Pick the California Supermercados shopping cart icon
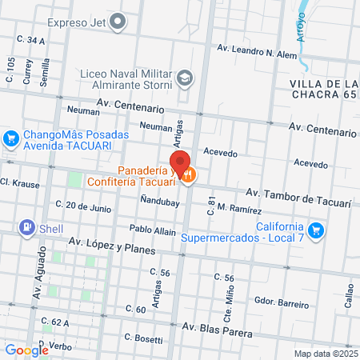click(318, 231)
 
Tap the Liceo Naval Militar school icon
click(186, 78)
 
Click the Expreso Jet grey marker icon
click(118, 22)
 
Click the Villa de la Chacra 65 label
click(324, 89)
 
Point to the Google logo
click(26, 350)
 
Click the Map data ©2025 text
click(324, 353)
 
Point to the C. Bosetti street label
click(144, 338)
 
